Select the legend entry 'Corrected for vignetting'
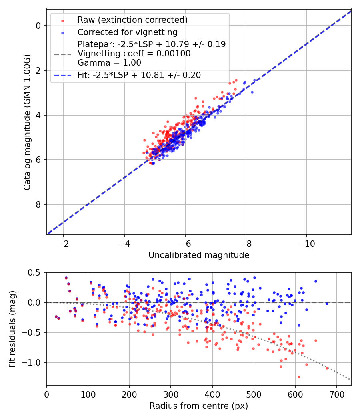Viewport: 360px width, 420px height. [x=127, y=32]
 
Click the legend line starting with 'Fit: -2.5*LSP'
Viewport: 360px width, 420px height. [x=139, y=75]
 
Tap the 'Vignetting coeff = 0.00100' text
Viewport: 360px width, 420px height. [x=134, y=53]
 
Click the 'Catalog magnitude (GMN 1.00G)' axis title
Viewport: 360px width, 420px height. [x=27, y=122]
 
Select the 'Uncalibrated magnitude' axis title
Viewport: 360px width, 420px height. [x=199, y=255]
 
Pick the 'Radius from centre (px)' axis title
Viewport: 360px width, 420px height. [x=199, y=406]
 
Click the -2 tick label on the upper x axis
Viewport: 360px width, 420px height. [x=63, y=244]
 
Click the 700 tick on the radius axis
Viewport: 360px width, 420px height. [x=336, y=394]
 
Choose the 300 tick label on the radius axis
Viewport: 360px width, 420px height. [x=171, y=394]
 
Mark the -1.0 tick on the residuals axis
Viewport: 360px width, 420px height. [x=34, y=362]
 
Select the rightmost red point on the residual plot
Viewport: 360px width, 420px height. [x=327, y=368]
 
